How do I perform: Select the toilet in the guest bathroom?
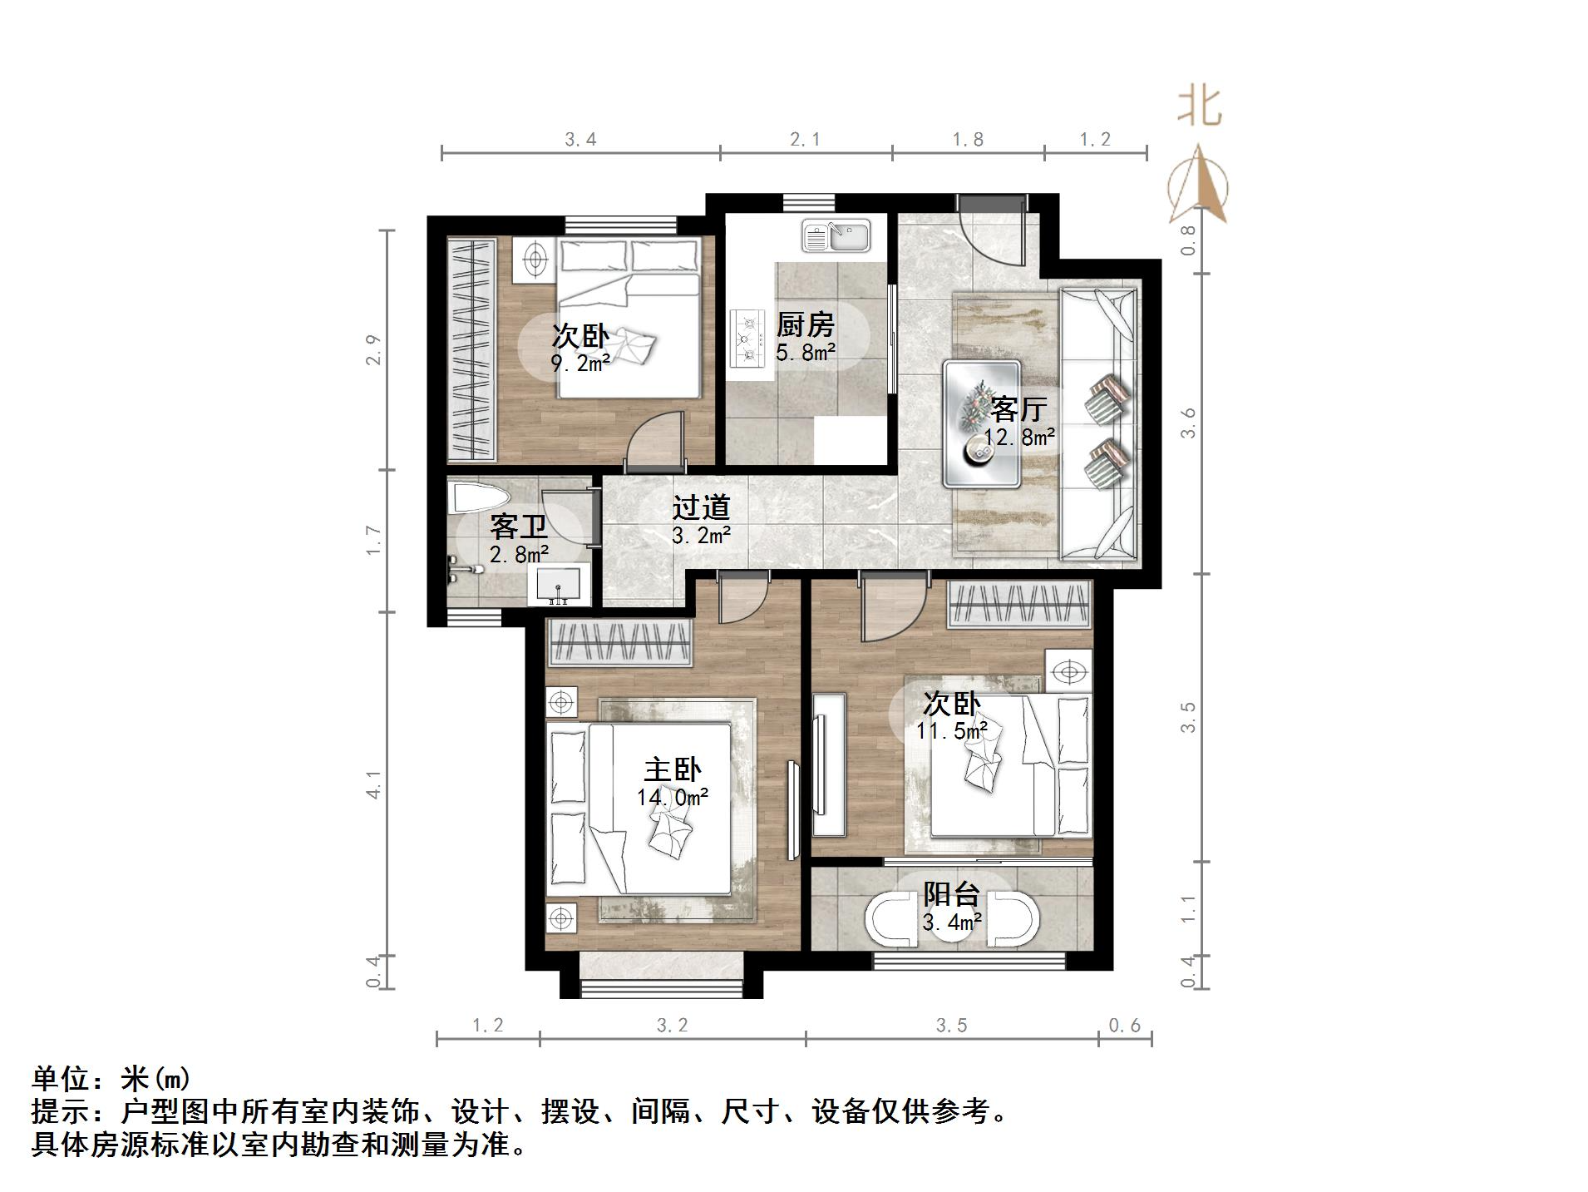(x=476, y=498)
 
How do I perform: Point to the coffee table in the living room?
(x=981, y=423)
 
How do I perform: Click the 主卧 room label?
(x=672, y=769)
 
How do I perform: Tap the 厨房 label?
(x=804, y=324)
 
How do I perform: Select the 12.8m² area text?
(x=1019, y=437)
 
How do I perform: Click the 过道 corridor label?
(x=701, y=507)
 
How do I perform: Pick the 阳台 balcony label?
(x=951, y=894)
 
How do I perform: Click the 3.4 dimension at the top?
(x=580, y=140)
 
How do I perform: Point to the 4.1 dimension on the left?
(x=373, y=784)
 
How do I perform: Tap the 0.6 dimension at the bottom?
(x=1124, y=1026)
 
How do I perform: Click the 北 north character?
(x=1198, y=107)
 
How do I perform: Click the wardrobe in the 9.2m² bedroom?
(x=471, y=349)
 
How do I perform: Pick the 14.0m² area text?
(x=672, y=798)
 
